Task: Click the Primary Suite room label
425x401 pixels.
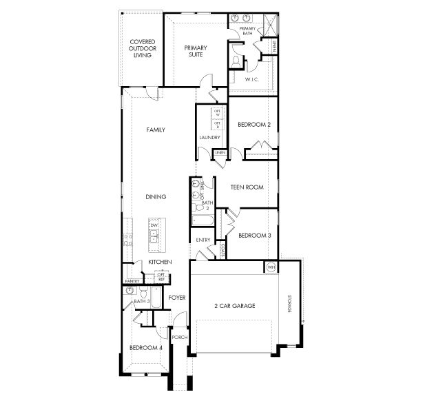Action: [x=195, y=51]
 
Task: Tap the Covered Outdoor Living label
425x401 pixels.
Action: [x=143, y=48]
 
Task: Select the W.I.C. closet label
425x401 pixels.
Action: [x=251, y=80]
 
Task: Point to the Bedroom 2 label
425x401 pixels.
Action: [x=253, y=125]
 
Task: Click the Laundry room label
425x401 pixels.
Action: [x=209, y=137]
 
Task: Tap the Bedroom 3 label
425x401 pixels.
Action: [x=253, y=236]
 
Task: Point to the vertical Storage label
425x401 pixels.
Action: [x=289, y=304]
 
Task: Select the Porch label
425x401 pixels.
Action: [x=179, y=337]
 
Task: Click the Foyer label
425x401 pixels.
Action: [x=177, y=297]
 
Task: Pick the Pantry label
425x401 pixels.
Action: [x=133, y=281]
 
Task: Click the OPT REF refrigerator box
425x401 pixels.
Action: [x=161, y=276]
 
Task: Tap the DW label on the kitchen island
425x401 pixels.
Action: [x=154, y=225]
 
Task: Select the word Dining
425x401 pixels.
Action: [x=156, y=197]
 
